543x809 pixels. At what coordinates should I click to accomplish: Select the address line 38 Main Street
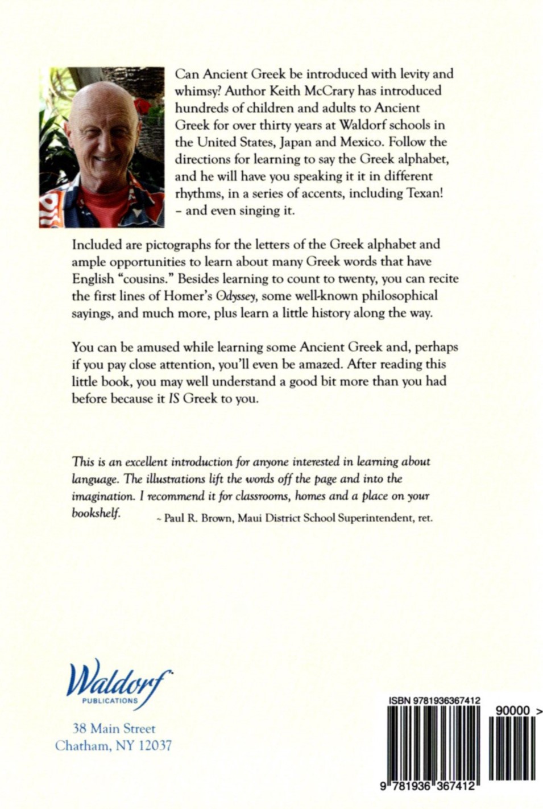coord(114,729)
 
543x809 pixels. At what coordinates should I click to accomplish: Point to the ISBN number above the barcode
coord(434,701)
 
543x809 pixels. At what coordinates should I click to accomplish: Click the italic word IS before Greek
coord(175,399)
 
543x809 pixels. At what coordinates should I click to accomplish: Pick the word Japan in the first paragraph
coord(292,142)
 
